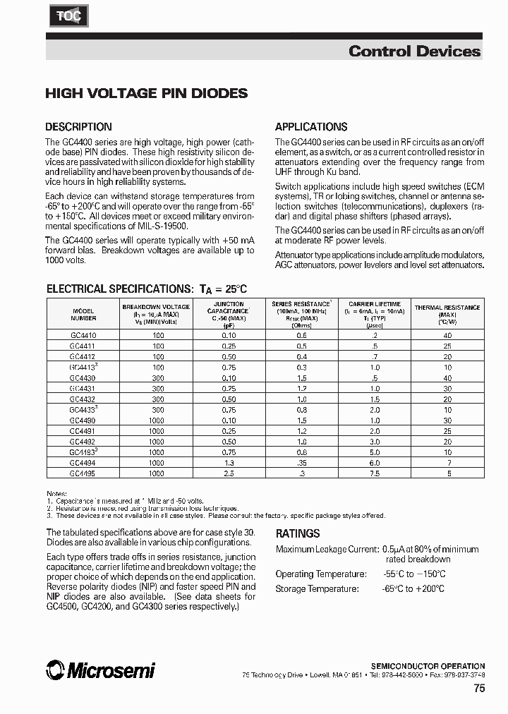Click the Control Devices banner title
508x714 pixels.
pyautogui.click(x=414, y=51)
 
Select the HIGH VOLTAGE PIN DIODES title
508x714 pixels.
pyautogui.click(x=146, y=93)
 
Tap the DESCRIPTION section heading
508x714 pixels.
pyautogui.click(x=78, y=127)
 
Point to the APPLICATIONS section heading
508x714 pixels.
pyautogui.click(x=310, y=127)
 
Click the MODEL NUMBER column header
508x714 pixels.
pyautogui.click(x=83, y=314)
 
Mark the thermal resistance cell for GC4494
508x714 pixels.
pyautogui.click(x=447, y=463)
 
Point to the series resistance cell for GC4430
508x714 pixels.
pyautogui.click(x=301, y=378)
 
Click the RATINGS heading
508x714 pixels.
pyautogui.click(x=297, y=534)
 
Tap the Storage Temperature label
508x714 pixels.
pyautogui.click(x=317, y=588)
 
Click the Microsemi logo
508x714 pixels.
pyautogui.click(x=99, y=670)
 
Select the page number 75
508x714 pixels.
pyautogui.click(x=479, y=690)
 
